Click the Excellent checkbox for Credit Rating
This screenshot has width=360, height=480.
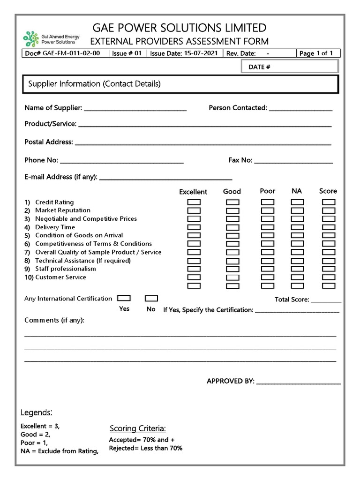(x=194, y=202)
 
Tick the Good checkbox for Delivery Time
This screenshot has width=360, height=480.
(x=232, y=227)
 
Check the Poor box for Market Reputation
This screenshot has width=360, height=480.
(x=268, y=210)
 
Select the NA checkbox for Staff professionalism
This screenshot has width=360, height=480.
(x=297, y=269)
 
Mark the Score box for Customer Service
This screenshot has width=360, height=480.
(x=329, y=277)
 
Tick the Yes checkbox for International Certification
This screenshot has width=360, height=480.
(x=124, y=298)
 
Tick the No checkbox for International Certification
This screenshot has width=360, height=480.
(x=151, y=298)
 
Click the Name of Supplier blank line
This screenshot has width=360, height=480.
(x=135, y=109)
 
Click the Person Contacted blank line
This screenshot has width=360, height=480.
(x=300, y=109)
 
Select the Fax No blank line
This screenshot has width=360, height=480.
(x=293, y=162)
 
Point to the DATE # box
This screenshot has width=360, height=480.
(x=289, y=67)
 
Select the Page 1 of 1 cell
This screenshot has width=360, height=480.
(x=316, y=53)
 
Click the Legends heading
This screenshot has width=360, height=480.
(x=37, y=412)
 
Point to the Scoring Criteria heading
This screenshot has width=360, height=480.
(x=138, y=428)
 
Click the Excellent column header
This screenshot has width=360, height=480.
(x=193, y=192)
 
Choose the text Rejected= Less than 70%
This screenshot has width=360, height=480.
(x=146, y=448)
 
